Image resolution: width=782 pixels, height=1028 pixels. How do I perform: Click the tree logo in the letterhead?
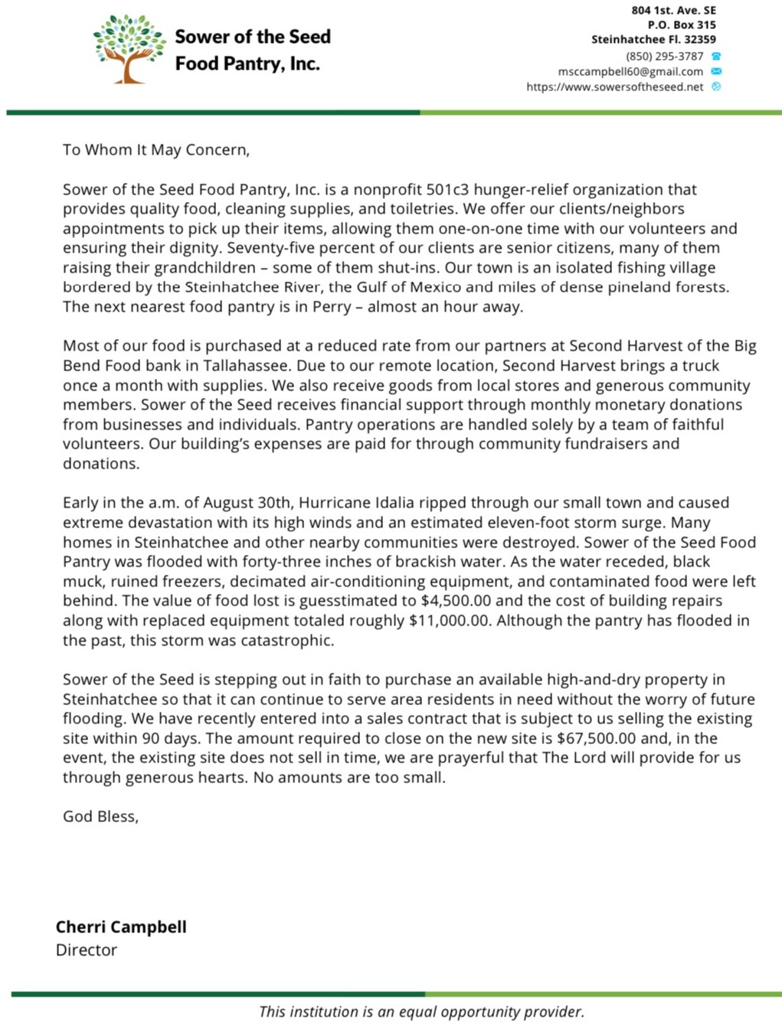pos(129,48)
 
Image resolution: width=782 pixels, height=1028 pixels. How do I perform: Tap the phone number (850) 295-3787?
pos(664,56)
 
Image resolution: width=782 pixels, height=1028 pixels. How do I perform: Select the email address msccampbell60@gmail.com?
pos(630,71)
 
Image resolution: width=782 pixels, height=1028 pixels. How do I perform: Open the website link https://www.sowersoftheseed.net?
pos(614,86)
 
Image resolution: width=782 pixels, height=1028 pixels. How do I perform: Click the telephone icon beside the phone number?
pos(716,56)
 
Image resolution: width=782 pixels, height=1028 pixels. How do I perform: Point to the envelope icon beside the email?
pos(716,71)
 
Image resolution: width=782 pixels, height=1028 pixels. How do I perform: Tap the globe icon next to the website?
pos(716,86)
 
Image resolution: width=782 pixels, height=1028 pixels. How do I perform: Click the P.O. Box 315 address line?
pos(682,24)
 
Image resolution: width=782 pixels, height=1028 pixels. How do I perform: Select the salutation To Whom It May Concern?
pos(156,149)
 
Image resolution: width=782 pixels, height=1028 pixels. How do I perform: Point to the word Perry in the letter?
pos(332,307)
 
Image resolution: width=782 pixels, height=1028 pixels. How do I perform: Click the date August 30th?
pos(247,503)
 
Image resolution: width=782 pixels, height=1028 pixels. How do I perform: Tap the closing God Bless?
pos(100,816)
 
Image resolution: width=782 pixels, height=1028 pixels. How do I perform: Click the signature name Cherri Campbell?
pos(121,927)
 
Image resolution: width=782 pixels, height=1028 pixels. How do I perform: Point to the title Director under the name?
pos(87,950)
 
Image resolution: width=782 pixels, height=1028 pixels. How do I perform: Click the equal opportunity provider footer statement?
pos(421,1011)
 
